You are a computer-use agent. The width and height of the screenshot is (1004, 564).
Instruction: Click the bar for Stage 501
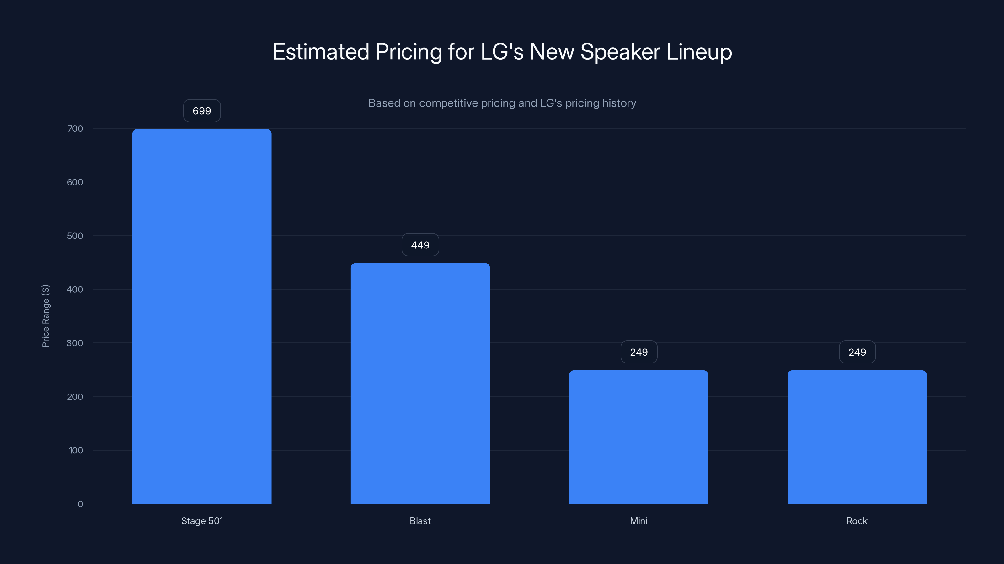pyautogui.click(x=202, y=316)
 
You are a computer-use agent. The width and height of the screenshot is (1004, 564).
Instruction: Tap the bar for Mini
pyautogui.click(x=638, y=437)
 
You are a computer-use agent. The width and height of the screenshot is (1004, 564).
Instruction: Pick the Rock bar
pyautogui.click(x=857, y=437)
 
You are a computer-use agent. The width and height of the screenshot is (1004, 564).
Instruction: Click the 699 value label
pyautogui.click(x=202, y=111)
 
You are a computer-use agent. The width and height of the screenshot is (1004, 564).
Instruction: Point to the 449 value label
pyautogui.click(x=420, y=245)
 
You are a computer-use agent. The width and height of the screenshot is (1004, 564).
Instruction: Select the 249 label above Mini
pyautogui.click(x=639, y=352)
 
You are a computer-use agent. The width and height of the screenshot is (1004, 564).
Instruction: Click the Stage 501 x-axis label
pyautogui.click(x=202, y=521)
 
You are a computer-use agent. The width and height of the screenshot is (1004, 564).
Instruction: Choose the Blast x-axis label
pyautogui.click(x=420, y=521)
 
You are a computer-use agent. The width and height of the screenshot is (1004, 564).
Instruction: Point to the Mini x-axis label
pyautogui.click(x=638, y=521)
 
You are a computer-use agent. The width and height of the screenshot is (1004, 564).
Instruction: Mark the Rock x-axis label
pyautogui.click(x=857, y=521)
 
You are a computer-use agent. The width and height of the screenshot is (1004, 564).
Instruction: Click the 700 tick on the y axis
pyautogui.click(x=75, y=128)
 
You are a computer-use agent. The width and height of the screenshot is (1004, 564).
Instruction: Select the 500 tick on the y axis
pyautogui.click(x=75, y=236)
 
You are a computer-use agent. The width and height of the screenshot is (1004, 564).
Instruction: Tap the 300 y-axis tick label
pyautogui.click(x=75, y=343)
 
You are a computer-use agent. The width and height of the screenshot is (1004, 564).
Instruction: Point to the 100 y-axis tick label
pyautogui.click(x=76, y=450)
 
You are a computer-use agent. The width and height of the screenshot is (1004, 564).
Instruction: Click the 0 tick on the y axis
pyautogui.click(x=80, y=504)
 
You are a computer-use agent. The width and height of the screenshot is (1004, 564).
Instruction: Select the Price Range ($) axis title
pyautogui.click(x=45, y=316)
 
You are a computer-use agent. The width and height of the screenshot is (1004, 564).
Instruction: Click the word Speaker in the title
pyautogui.click(x=620, y=52)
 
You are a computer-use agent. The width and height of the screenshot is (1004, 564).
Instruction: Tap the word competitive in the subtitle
pyautogui.click(x=448, y=103)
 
